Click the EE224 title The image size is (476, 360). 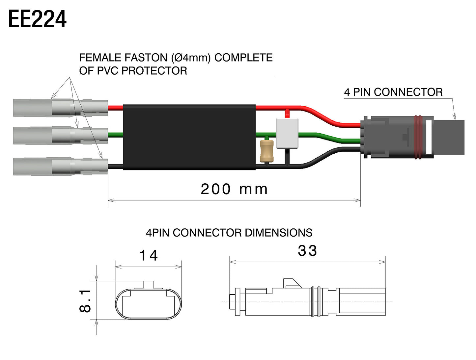click(37, 19)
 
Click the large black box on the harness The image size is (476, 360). click(189, 137)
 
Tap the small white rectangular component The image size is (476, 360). click(287, 133)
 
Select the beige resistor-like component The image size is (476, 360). click(266, 151)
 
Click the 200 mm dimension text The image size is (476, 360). click(234, 189)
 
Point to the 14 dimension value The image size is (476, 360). click(149, 256)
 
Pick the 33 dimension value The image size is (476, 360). click(307, 251)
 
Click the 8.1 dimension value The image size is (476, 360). click(85, 300)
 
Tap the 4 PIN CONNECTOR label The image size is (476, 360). click(393, 92)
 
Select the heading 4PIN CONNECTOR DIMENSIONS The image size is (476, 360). click(229, 233)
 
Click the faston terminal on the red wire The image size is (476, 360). click(61, 108)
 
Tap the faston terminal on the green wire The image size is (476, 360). click(61, 135)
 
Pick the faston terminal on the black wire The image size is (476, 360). click(61, 167)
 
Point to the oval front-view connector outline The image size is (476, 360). click(148, 304)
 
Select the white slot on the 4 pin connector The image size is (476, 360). click(429, 137)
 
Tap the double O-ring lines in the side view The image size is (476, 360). click(316, 302)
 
